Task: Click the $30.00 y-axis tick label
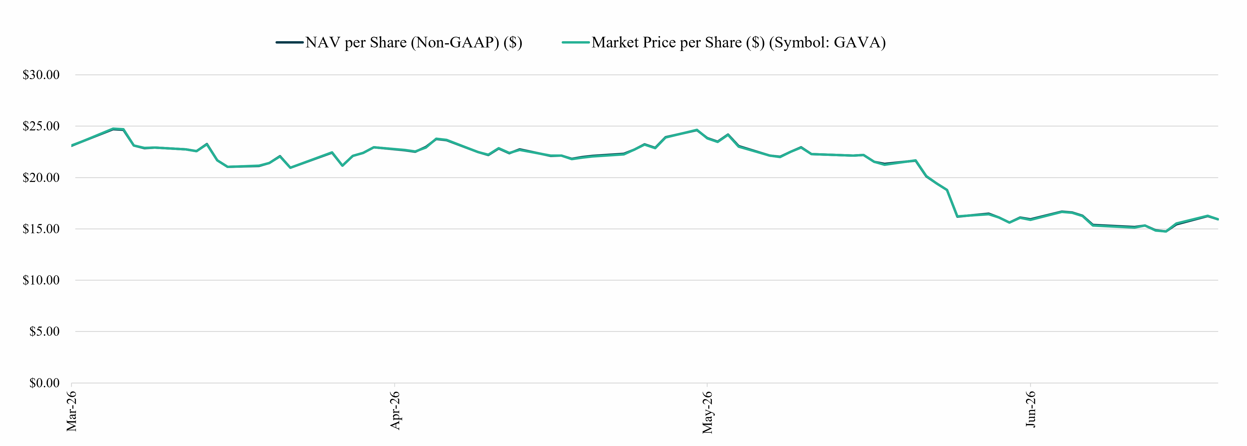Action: click(41, 75)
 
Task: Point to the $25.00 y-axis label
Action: click(41, 126)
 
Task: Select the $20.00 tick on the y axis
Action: click(41, 178)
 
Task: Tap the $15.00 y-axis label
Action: click(41, 229)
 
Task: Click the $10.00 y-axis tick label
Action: click(41, 280)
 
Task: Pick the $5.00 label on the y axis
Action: click(44, 332)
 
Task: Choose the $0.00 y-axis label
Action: click(44, 383)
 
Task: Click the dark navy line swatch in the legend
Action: click(289, 43)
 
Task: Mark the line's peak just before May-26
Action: click(697, 130)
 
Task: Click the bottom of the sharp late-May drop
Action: click(958, 216)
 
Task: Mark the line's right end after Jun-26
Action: click(1217, 219)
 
